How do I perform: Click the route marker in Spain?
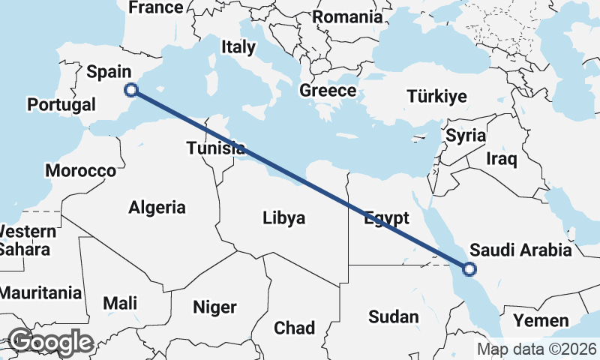[131, 90]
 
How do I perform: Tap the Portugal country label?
[59, 105]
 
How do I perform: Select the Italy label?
[238, 46]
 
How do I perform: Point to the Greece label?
[328, 91]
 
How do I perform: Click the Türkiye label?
[436, 96]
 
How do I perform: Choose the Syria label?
[465, 136]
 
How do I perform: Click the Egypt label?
[387, 219]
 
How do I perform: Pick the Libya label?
[284, 218]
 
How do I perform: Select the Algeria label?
[157, 206]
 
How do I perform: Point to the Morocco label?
[81, 171]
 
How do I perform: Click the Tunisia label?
[215, 148]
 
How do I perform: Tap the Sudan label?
[394, 317]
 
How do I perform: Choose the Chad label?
[295, 328]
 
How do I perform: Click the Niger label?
[214, 307]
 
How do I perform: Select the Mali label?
[120, 303]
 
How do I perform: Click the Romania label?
[347, 16]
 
